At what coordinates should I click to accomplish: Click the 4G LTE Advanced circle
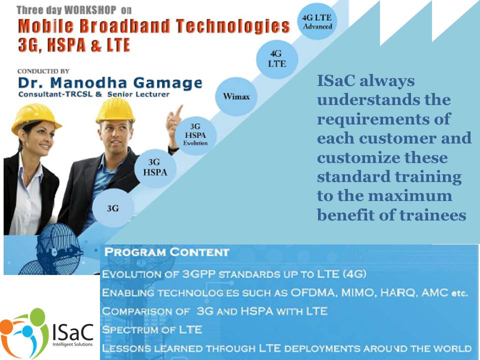click(x=317, y=21)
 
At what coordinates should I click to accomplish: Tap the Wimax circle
click(x=236, y=96)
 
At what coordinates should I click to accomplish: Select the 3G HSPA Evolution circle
click(x=195, y=134)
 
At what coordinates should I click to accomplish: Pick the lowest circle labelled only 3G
click(x=113, y=208)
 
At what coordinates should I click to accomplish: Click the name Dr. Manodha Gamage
click(x=110, y=82)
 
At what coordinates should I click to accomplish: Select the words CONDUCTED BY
click(x=43, y=71)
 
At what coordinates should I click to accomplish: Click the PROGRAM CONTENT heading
click(x=166, y=252)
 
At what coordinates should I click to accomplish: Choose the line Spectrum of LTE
click(x=152, y=329)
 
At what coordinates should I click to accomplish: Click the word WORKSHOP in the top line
click(x=90, y=10)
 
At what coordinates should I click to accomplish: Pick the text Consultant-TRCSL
click(x=55, y=94)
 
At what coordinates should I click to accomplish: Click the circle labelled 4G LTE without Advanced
click(x=276, y=59)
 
